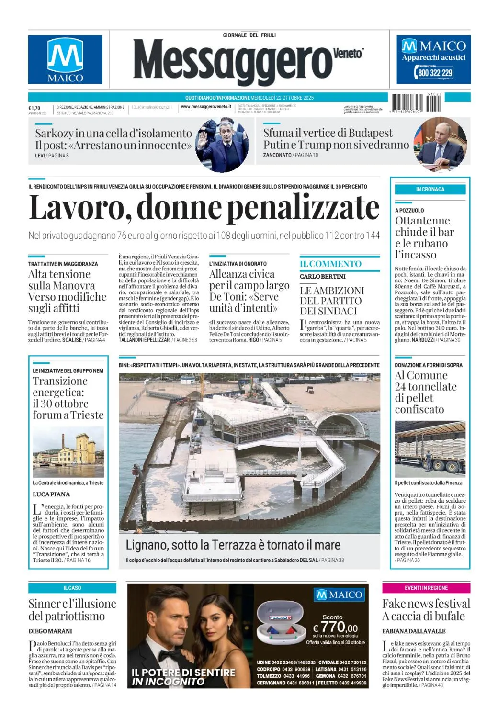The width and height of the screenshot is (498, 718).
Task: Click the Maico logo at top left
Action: pos(65,59)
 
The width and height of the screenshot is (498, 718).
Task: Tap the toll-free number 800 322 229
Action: pos(435,73)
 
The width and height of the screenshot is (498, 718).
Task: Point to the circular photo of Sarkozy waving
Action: pos(222,145)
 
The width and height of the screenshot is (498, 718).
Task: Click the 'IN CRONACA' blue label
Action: pos(430,190)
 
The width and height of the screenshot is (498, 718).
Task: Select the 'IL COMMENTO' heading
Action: pos(330,264)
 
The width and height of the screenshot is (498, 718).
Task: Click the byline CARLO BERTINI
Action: pos(323,277)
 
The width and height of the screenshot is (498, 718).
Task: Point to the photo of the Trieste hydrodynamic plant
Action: pos(68,452)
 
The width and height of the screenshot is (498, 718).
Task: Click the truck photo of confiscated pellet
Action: pos(430,449)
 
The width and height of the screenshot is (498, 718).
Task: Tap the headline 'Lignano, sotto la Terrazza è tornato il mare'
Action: pos(233,545)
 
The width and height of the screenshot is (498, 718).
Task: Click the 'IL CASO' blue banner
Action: pos(72,588)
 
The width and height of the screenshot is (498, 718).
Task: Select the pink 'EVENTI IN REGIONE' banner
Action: pos(426,588)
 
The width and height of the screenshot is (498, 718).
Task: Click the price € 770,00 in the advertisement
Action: pos(335,627)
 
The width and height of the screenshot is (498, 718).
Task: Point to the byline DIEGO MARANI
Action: pos(50,631)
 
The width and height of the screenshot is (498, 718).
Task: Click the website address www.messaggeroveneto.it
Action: pos(206,107)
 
